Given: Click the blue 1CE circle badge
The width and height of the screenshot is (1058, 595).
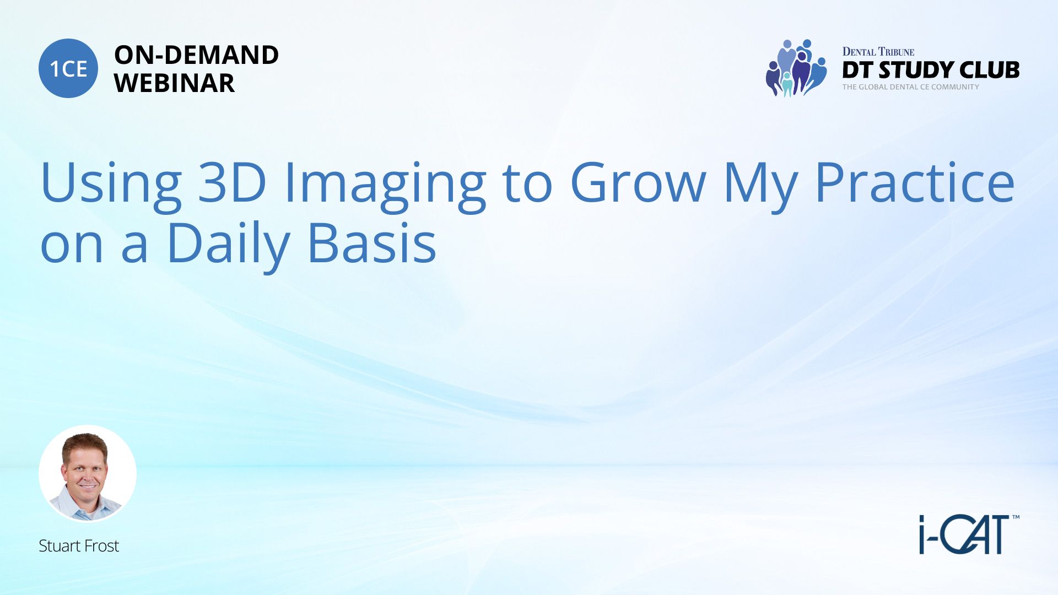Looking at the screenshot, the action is (x=68, y=68).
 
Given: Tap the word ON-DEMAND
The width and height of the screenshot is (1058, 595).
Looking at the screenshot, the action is (x=196, y=55).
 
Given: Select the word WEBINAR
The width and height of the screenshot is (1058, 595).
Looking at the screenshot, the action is (x=175, y=83).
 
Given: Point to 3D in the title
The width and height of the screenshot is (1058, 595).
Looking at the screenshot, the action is (x=232, y=182).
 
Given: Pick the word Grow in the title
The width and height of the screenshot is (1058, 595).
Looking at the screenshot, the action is (x=638, y=182).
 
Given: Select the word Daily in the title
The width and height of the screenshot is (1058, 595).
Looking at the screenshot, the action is (x=228, y=245).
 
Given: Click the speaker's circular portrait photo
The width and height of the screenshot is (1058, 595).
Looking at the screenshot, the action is (x=88, y=474).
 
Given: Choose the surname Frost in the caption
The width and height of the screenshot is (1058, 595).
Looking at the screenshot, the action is (x=101, y=545).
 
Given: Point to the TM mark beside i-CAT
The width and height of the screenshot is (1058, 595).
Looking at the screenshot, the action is (x=1016, y=517).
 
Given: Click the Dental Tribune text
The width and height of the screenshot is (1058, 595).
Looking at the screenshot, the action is (x=878, y=52).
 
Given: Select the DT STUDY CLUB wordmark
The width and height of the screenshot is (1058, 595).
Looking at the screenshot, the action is (x=931, y=70).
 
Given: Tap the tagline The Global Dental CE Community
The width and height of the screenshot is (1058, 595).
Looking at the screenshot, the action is (x=911, y=87).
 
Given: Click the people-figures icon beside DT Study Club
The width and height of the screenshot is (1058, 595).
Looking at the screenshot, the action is (x=796, y=68).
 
